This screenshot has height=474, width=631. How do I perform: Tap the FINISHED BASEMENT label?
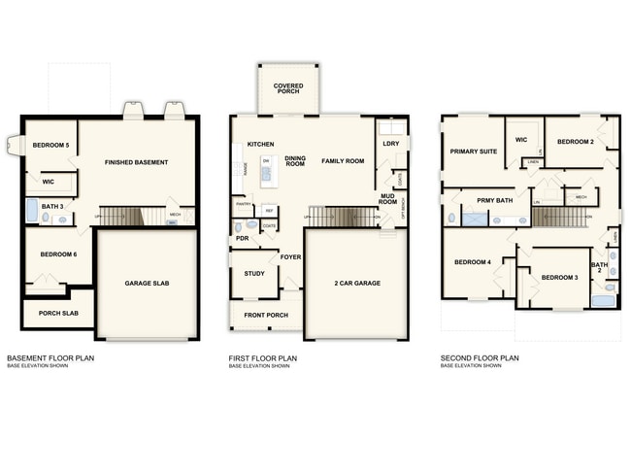pyautogui.click(x=137, y=162)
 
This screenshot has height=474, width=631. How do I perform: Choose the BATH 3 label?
pyautogui.click(x=51, y=206)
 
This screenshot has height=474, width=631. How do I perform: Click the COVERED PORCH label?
pyautogui.click(x=288, y=88)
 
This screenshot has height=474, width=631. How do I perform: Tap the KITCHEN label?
pyautogui.click(x=260, y=145)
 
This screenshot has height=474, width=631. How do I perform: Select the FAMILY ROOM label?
pyautogui.click(x=343, y=160)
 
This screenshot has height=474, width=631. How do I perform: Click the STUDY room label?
pyautogui.click(x=254, y=274)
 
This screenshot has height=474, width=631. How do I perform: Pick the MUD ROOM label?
pyautogui.click(x=388, y=198)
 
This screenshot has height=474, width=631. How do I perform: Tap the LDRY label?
pyautogui.click(x=391, y=145)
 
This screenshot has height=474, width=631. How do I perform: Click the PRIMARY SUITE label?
pyautogui.click(x=473, y=152)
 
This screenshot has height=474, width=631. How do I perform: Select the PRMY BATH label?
pyautogui.click(x=494, y=200)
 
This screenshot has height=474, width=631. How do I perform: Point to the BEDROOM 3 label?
pyautogui.click(x=560, y=278)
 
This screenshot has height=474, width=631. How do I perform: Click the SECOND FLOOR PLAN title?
pyautogui.click(x=480, y=358)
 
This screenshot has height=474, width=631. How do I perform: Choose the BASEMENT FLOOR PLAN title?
pyautogui.click(x=50, y=358)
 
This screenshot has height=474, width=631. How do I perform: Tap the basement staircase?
pyautogui.click(x=121, y=216)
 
